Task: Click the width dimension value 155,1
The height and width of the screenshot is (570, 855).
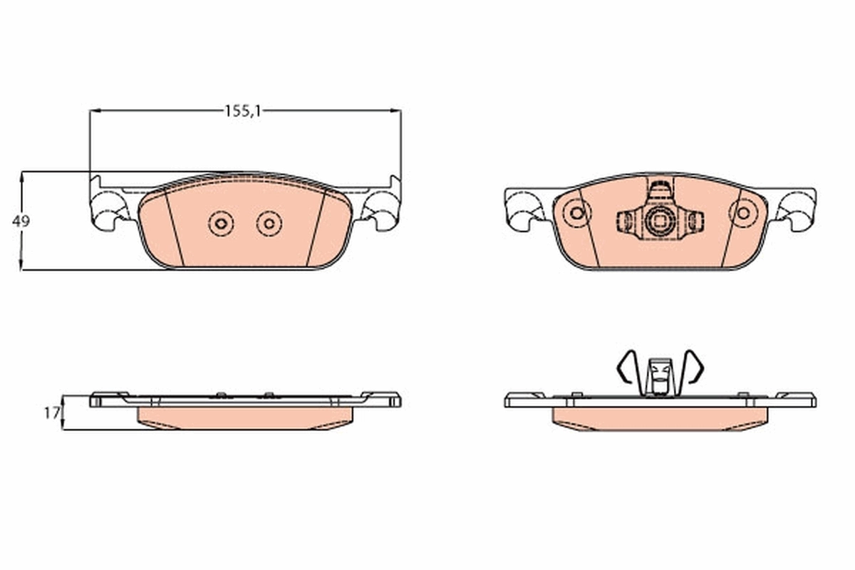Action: click(243, 110)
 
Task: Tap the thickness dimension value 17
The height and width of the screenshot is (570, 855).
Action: click(50, 413)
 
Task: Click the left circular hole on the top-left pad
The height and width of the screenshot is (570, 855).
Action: click(222, 224)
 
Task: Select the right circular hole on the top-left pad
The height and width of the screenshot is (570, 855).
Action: click(269, 224)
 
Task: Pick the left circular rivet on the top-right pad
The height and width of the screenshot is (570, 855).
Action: click(576, 212)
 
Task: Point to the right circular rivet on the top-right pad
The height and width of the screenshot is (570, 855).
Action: click(743, 212)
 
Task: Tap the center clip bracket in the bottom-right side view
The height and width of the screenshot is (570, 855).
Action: click(659, 375)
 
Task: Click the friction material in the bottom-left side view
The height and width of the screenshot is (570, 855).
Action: click(244, 418)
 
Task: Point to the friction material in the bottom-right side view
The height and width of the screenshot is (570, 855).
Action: click(659, 419)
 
